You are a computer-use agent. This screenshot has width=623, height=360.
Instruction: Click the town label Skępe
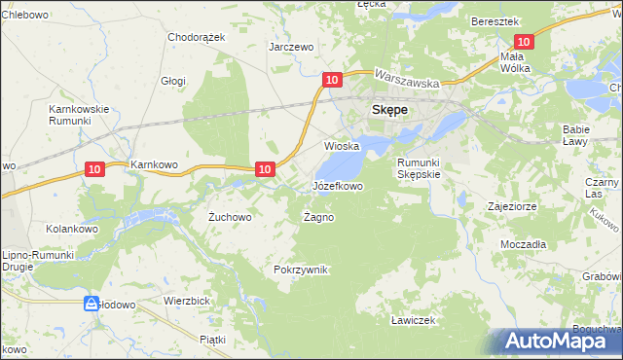click(389, 111)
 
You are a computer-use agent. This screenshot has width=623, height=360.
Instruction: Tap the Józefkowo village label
click(338, 185)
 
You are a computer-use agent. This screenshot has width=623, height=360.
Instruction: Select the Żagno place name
click(318, 217)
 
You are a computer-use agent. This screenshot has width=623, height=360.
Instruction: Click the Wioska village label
click(342, 146)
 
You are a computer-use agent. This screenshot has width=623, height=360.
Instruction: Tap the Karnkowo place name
click(154, 165)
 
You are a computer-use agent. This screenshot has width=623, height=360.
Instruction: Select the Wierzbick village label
click(188, 301)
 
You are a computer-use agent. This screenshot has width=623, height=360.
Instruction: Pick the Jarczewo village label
click(291, 47)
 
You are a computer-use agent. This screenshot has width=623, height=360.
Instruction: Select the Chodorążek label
click(197, 37)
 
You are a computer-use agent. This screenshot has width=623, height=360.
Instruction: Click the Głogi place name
click(174, 82)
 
